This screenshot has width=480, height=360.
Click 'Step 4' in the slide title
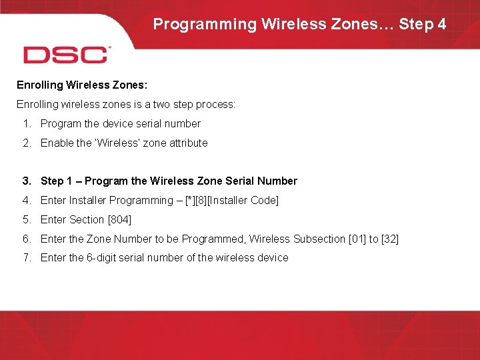pyautogui.click(x=423, y=25)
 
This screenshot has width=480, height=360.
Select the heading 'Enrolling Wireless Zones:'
pyautogui.click(x=77, y=85)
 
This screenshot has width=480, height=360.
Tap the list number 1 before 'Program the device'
pyautogui.click(x=26, y=123)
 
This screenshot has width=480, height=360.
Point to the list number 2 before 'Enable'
pyautogui.click(x=26, y=143)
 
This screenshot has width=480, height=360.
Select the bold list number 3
pyautogui.click(x=26, y=181)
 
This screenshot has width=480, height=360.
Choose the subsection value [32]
pyautogui.click(x=390, y=239)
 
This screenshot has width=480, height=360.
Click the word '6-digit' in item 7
pyautogui.click(x=104, y=257)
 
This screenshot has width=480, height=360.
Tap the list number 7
pyautogui.click(x=26, y=257)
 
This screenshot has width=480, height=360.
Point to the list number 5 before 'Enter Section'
pyautogui.click(x=26, y=219)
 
